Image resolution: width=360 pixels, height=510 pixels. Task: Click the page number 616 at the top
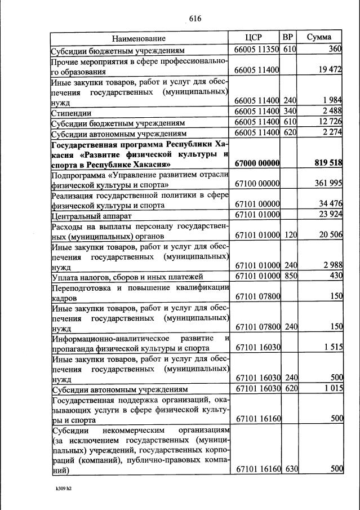click(x=195, y=18)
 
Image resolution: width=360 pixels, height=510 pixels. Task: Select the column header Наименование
click(x=139, y=38)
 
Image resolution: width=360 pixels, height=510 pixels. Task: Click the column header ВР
click(x=288, y=37)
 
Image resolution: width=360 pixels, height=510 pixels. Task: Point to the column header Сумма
click(x=319, y=37)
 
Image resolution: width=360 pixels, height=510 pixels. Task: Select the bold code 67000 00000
click(x=257, y=163)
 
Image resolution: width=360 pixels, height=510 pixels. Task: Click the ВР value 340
click(x=290, y=113)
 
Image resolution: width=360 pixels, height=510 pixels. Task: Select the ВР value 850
click(x=290, y=276)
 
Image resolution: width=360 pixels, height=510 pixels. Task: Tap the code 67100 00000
click(x=257, y=184)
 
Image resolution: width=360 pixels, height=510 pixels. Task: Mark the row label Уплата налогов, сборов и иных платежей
click(x=123, y=276)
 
